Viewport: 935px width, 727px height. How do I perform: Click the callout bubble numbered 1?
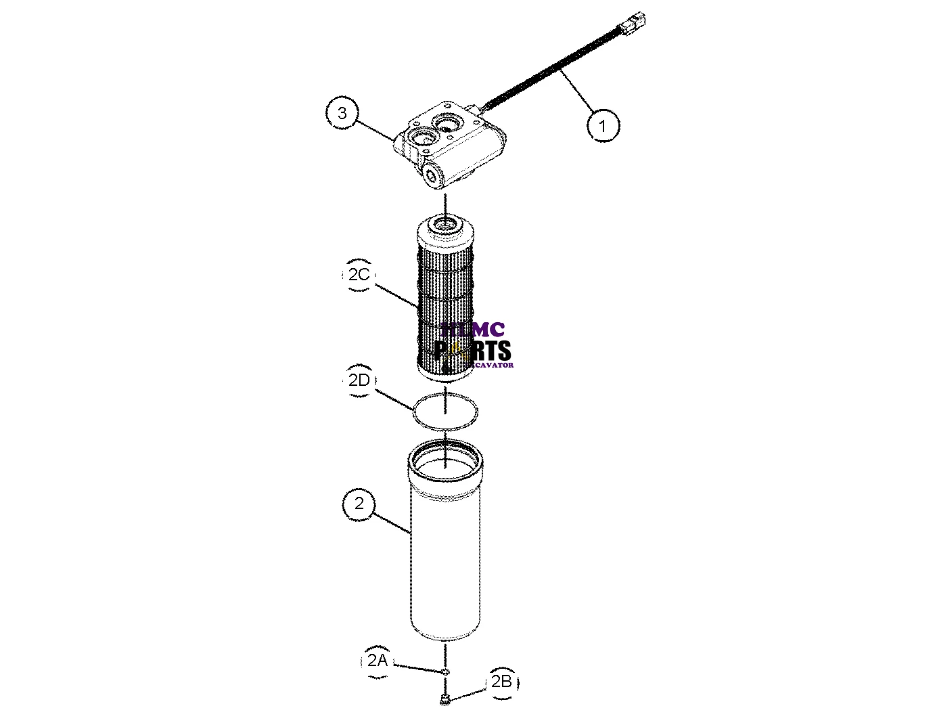[x=603, y=125]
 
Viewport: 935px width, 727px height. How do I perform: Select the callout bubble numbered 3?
[x=342, y=113]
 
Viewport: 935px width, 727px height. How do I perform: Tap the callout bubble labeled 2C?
[x=359, y=274]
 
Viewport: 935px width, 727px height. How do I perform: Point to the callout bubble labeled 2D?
[x=359, y=380]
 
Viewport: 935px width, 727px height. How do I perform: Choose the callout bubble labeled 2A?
[x=377, y=660]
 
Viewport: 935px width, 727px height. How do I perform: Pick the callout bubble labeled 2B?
[x=501, y=682]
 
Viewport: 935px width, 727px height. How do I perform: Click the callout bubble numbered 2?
[x=359, y=504]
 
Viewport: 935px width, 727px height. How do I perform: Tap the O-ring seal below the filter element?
[x=446, y=410]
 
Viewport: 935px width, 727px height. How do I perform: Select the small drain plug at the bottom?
[x=445, y=700]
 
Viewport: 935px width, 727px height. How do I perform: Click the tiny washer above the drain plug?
[x=445, y=671]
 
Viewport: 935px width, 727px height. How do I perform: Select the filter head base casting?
[x=453, y=146]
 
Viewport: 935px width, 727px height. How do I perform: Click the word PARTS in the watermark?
[x=474, y=351]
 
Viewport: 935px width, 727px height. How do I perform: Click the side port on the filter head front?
[x=431, y=175]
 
